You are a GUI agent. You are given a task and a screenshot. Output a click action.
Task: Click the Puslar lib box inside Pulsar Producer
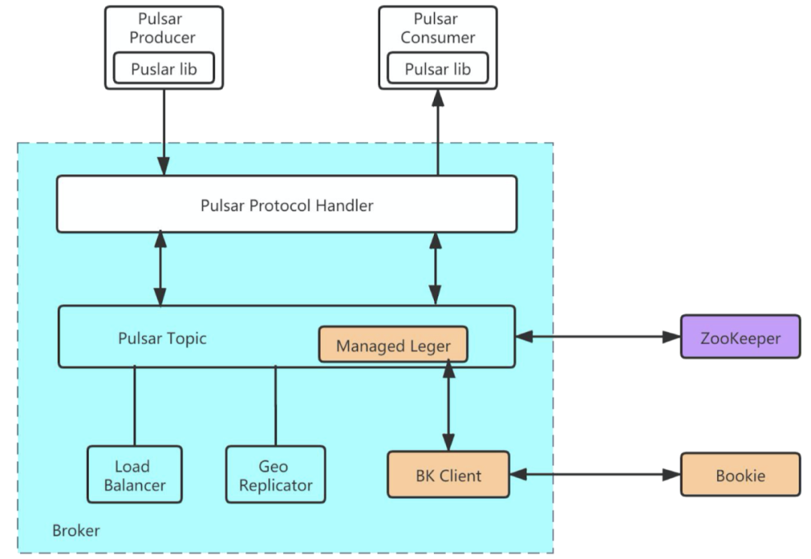[164, 69]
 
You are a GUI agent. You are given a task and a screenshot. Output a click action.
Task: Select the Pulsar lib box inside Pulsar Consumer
[438, 69]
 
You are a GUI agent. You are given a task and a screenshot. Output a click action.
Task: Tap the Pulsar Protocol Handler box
[287, 204]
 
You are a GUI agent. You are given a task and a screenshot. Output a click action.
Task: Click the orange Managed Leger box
[393, 346]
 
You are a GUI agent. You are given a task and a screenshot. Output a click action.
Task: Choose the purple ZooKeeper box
[740, 337]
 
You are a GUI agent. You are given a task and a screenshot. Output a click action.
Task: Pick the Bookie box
[740, 475]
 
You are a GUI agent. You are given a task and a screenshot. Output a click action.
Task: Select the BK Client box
[448, 475]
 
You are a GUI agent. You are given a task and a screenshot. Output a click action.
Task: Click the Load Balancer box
[134, 476]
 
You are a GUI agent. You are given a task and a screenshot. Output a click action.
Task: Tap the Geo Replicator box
[275, 476]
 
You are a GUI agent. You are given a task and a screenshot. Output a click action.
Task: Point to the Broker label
[76, 531]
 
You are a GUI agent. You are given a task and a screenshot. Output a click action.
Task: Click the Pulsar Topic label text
[162, 338]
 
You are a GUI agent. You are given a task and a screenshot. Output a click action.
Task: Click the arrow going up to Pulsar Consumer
[437, 132]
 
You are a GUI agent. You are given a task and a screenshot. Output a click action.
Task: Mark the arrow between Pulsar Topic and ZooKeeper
[598, 337]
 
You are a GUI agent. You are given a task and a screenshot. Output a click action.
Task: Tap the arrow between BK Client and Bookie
[595, 475]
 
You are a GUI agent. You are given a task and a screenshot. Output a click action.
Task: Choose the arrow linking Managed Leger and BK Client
[449, 406]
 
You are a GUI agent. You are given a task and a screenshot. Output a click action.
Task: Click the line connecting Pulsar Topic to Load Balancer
[134, 406]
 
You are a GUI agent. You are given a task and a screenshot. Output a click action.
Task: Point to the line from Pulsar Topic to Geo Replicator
[275, 406]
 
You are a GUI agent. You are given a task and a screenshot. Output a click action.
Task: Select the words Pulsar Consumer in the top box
[437, 28]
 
